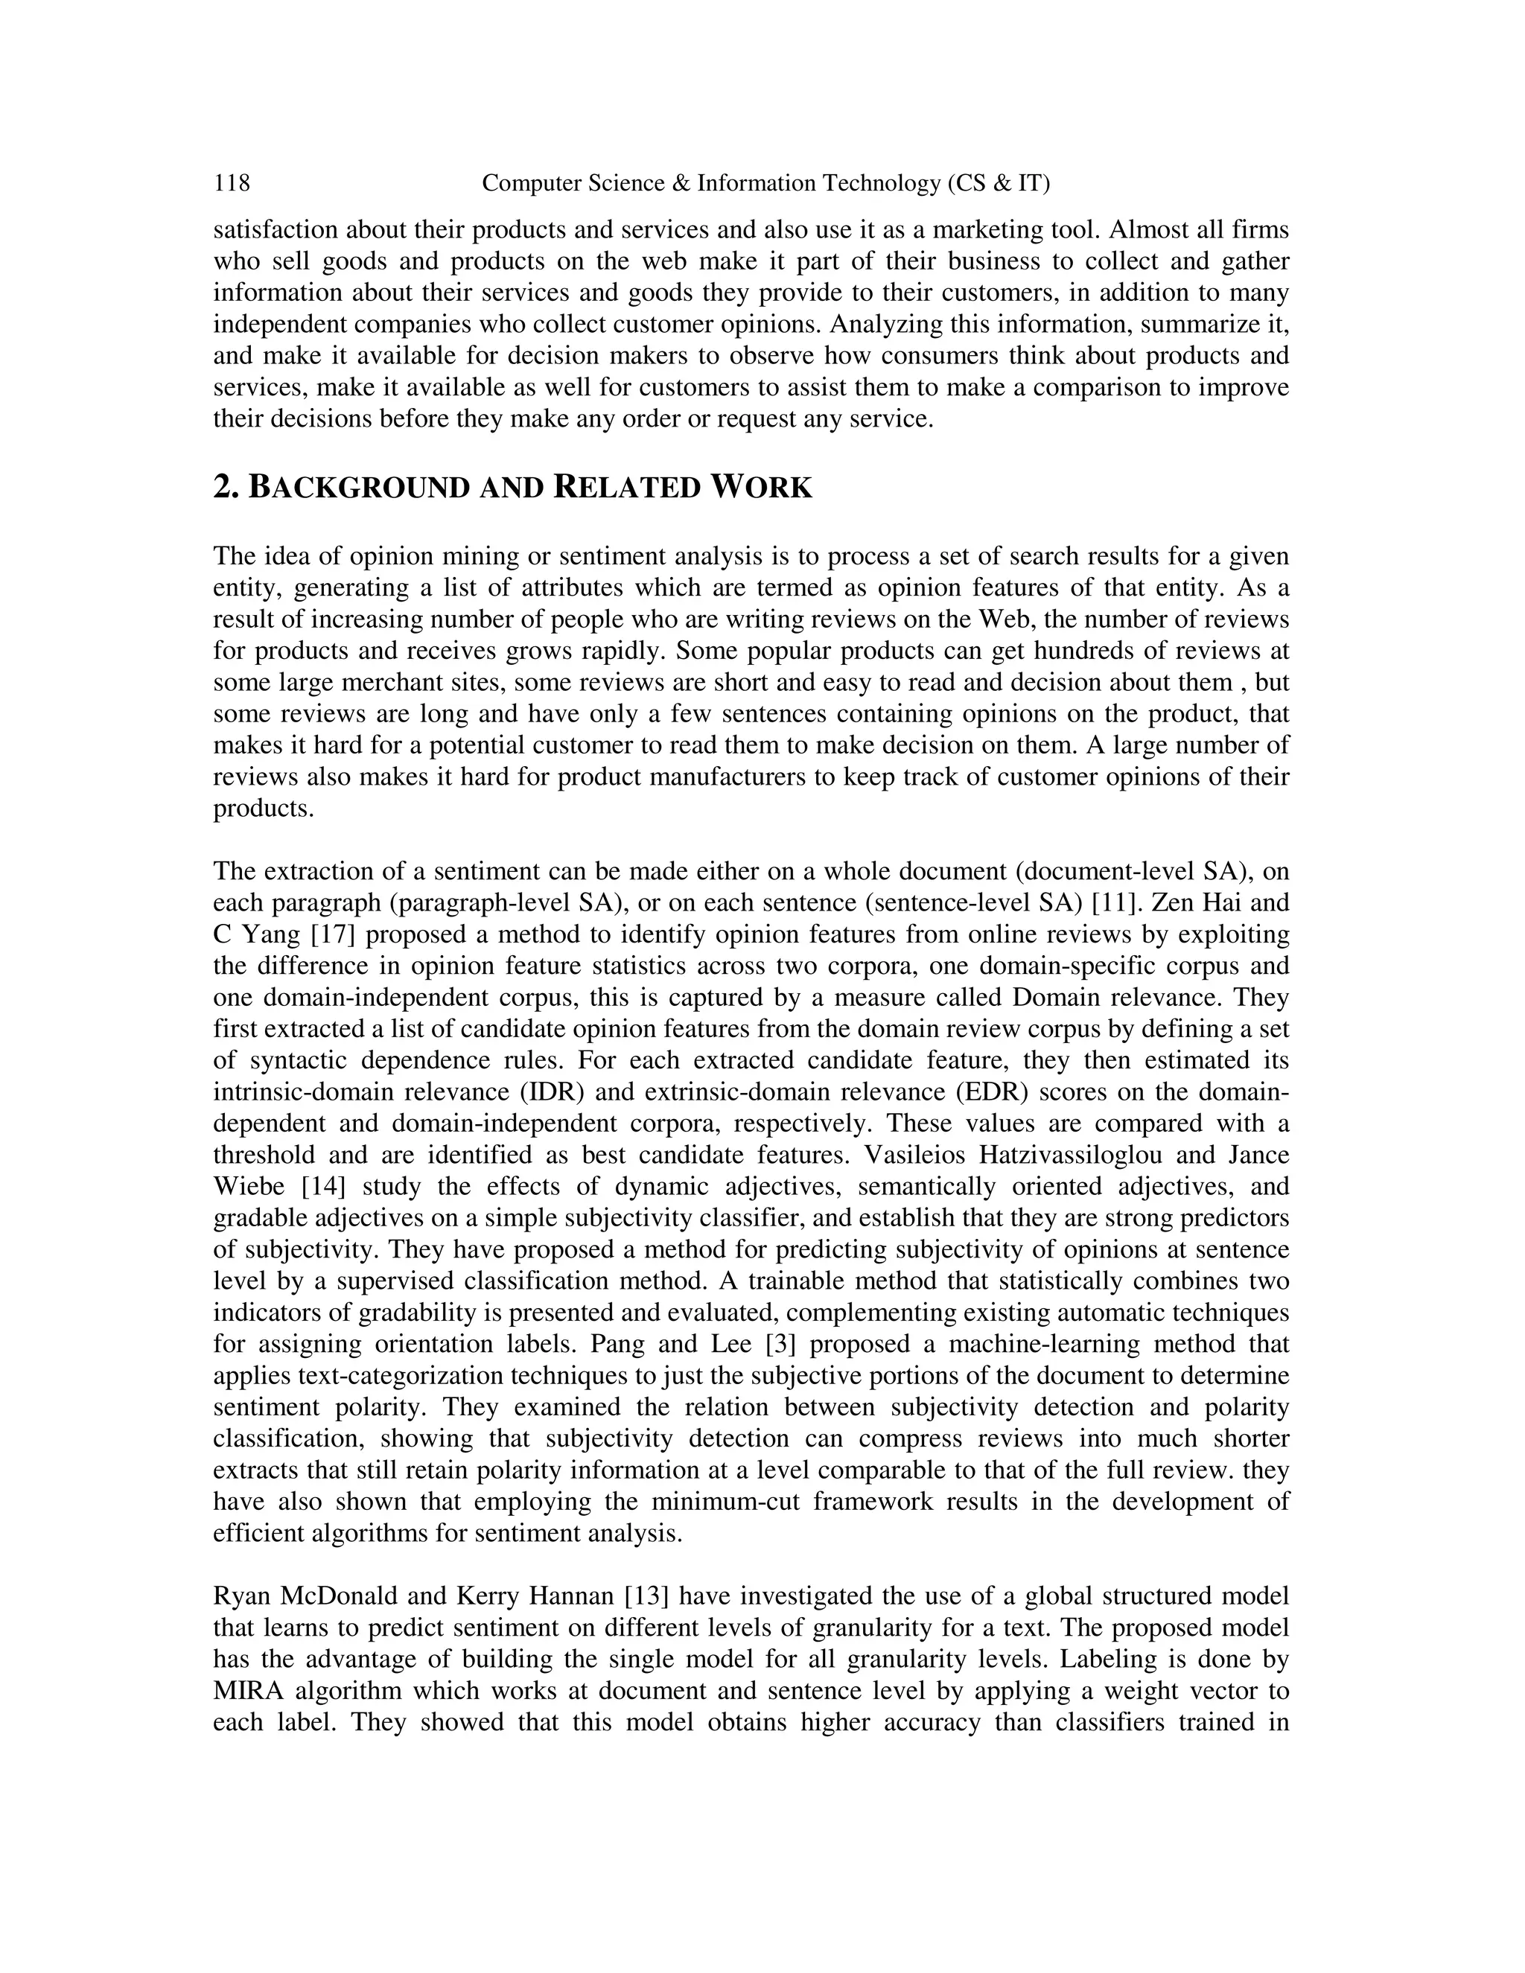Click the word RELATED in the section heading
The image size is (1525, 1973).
(x=627, y=488)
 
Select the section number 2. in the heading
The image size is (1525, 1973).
(x=225, y=488)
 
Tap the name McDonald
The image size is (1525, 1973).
(x=337, y=1596)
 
